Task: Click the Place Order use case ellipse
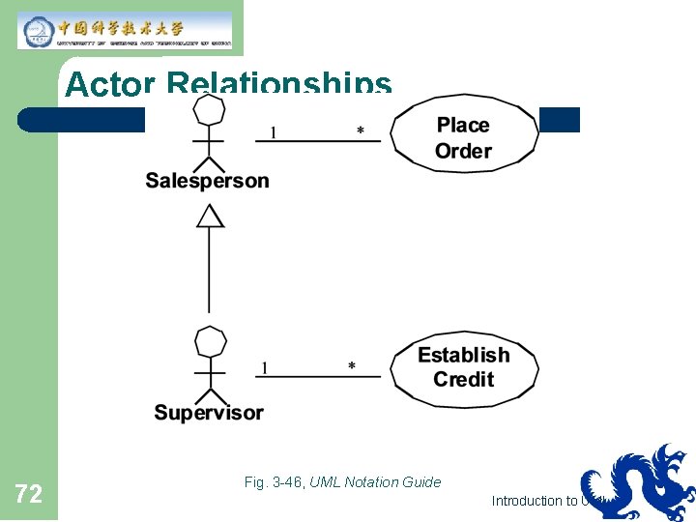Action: pyautogui.click(x=464, y=138)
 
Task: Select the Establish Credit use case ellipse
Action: pyautogui.click(x=464, y=367)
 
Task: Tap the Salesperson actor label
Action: pyautogui.click(x=207, y=181)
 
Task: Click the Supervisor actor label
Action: pyautogui.click(x=209, y=413)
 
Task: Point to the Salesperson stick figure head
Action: pyautogui.click(x=210, y=109)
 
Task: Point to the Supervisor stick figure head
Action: pyautogui.click(x=210, y=342)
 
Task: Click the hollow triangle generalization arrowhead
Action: pyautogui.click(x=210, y=217)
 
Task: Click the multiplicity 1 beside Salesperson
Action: pyautogui.click(x=273, y=132)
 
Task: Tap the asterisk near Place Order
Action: pyautogui.click(x=361, y=131)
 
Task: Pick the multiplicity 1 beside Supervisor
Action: pyautogui.click(x=265, y=367)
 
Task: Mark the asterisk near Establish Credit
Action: pyautogui.click(x=351, y=366)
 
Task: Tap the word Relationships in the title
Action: pyautogui.click(x=279, y=84)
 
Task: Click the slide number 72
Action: pyautogui.click(x=29, y=495)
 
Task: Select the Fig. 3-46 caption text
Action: pyautogui.click(x=343, y=481)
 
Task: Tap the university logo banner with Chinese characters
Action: pyautogui.click(x=125, y=30)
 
